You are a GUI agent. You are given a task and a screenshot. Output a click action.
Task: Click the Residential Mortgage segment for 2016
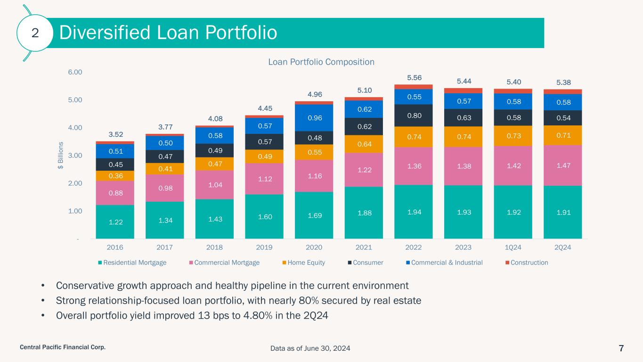[x=115, y=222]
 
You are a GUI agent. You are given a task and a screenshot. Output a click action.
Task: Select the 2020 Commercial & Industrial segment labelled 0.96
[x=314, y=117]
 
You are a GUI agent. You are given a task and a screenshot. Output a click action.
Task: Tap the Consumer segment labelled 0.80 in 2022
[x=414, y=115]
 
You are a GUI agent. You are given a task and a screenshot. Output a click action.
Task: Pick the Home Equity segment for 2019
[x=264, y=156]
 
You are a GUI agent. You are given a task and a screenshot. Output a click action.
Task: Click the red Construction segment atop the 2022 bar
[x=414, y=87]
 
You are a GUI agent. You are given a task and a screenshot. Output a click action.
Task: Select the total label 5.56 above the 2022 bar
[x=414, y=77]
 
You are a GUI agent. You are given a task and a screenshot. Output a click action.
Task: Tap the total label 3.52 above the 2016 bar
[x=116, y=134]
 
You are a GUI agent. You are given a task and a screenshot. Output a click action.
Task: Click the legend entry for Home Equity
[x=306, y=263]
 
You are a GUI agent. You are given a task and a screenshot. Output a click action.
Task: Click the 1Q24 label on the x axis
[x=513, y=247]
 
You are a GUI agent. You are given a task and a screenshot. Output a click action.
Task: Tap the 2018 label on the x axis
[x=214, y=247]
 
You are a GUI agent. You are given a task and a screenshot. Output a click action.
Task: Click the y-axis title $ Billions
[x=60, y=155]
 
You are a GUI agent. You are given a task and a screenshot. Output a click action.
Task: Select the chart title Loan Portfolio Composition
[x=321, y=62]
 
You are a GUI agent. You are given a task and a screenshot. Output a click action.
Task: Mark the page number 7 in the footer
[x=621, y=348]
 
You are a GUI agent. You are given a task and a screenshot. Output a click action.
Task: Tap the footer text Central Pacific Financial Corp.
[x=62, y=347]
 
